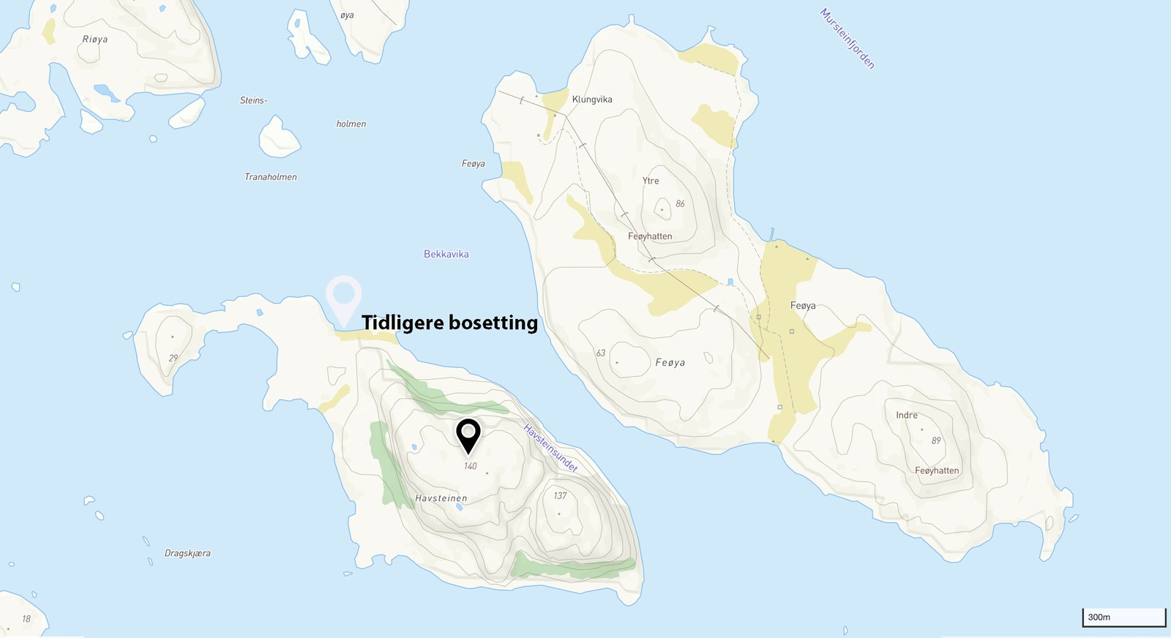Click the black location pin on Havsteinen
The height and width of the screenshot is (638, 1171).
point(468,435)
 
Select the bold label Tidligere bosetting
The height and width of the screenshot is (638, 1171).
point(449,323)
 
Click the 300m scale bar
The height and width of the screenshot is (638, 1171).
point(1123,618)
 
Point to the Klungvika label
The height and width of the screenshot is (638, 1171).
point(592,100)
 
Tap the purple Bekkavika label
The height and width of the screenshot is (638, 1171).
point(446,255)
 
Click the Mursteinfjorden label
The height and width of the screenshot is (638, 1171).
point(847,39)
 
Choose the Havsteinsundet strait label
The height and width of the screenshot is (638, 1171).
point(550,448)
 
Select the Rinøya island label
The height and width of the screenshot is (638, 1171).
point(95,40)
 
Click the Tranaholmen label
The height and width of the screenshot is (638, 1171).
point(271,177)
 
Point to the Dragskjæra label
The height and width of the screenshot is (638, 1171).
point(187,554)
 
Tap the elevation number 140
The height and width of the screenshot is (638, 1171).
point(470,466)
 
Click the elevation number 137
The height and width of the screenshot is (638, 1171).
point(560,496)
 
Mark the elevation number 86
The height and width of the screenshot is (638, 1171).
point(680,204)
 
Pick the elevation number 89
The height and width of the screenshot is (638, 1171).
point(936,441)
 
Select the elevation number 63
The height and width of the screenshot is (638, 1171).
point(600,353)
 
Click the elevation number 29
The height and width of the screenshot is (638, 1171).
point(173,359)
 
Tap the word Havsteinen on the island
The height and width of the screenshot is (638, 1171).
point(441,498)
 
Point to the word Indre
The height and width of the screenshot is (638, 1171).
point(907,416)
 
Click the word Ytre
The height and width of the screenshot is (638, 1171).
point(651,181)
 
